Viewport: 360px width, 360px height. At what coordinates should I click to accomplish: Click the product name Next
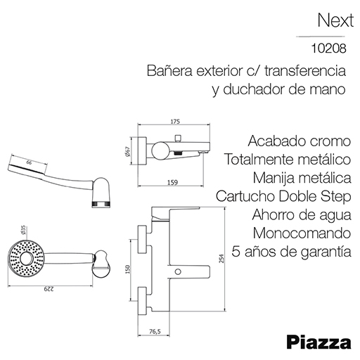pos(335,20)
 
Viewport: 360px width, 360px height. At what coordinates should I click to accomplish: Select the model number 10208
pos(328,49)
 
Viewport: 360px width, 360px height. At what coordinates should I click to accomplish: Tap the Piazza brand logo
pos(319,343)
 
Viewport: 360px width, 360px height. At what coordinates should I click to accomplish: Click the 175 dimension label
pos(175,122)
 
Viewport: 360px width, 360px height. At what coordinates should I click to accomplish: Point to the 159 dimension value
pos(173,182)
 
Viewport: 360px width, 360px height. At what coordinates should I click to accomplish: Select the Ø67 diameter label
pos(128,152)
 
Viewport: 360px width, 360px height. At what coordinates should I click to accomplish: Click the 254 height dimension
pos(221,259)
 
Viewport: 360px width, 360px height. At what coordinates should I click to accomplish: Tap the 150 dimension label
pos(128,269)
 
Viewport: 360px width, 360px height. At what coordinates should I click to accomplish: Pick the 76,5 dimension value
pos(155,332)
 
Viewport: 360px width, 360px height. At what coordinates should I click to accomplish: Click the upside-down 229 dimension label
pos(49,289)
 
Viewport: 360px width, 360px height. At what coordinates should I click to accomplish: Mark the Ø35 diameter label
pos(23,230)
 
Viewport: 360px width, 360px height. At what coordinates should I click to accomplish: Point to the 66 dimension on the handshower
pos(29,162)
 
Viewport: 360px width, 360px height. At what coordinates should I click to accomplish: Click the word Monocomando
pos(302,233)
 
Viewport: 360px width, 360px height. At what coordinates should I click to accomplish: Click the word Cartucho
pos(245,196)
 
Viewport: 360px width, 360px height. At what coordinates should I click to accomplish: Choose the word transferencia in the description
pos(305,70)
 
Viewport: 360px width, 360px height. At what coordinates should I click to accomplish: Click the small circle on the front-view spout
pos(179,272)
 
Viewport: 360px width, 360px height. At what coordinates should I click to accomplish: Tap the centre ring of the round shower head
pos(26,259)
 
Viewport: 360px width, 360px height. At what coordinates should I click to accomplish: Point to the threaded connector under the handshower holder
pos(101,204)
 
